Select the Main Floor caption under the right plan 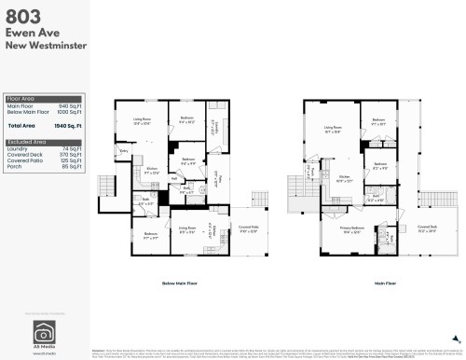coord(381,281)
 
